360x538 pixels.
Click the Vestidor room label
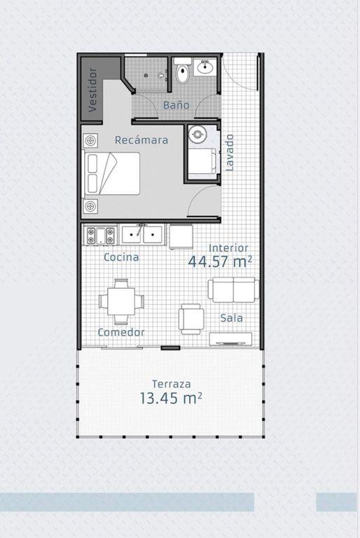pyautogui.click(x=92, y=90)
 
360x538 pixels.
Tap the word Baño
pyautogui.click(x=176, y=105)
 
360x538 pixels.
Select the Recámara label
pyautogui.click(x=141, y=140)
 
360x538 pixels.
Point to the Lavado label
pyautogui.click(x=229, y=153)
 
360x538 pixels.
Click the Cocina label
pyautogui.click(x=121, y=257)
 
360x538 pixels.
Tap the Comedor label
pyautogui.click(x=121, y=332)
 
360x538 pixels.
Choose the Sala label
pyautogui.click(x=231, y=318)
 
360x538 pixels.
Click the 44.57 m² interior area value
pyautogui.click(x=220, y=261)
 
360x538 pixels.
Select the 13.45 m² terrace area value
pyautogui.click(x=171, y=398)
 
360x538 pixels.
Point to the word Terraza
pyautogui.click(x=172, y=384)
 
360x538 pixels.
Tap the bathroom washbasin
pyautogui.click(x=205, y=67)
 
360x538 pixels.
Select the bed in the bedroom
pyautogui.click(x=111, y=174)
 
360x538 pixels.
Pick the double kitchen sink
pyautogui.click(x=142, y=235)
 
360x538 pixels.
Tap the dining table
pyautogui.click(x=121, y=301)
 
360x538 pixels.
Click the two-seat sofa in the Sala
pyautogui.click(x=233, y=290)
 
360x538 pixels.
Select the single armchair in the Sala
pyautogui.click(x=191, y=319)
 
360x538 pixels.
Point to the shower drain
pyautogui.click(x=146, y=75)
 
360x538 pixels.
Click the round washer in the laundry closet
pyautogui.click(x=198, y=134)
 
